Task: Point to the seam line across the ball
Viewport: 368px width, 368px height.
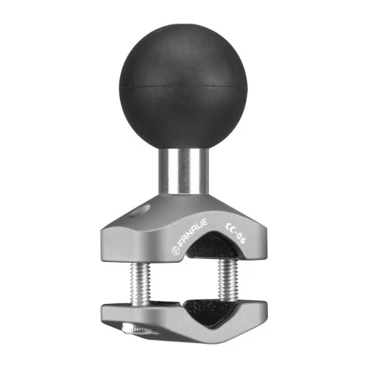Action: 183,87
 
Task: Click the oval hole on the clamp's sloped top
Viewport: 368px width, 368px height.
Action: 139,210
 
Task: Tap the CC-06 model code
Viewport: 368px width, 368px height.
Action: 235,230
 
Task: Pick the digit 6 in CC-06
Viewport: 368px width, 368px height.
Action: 242,241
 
